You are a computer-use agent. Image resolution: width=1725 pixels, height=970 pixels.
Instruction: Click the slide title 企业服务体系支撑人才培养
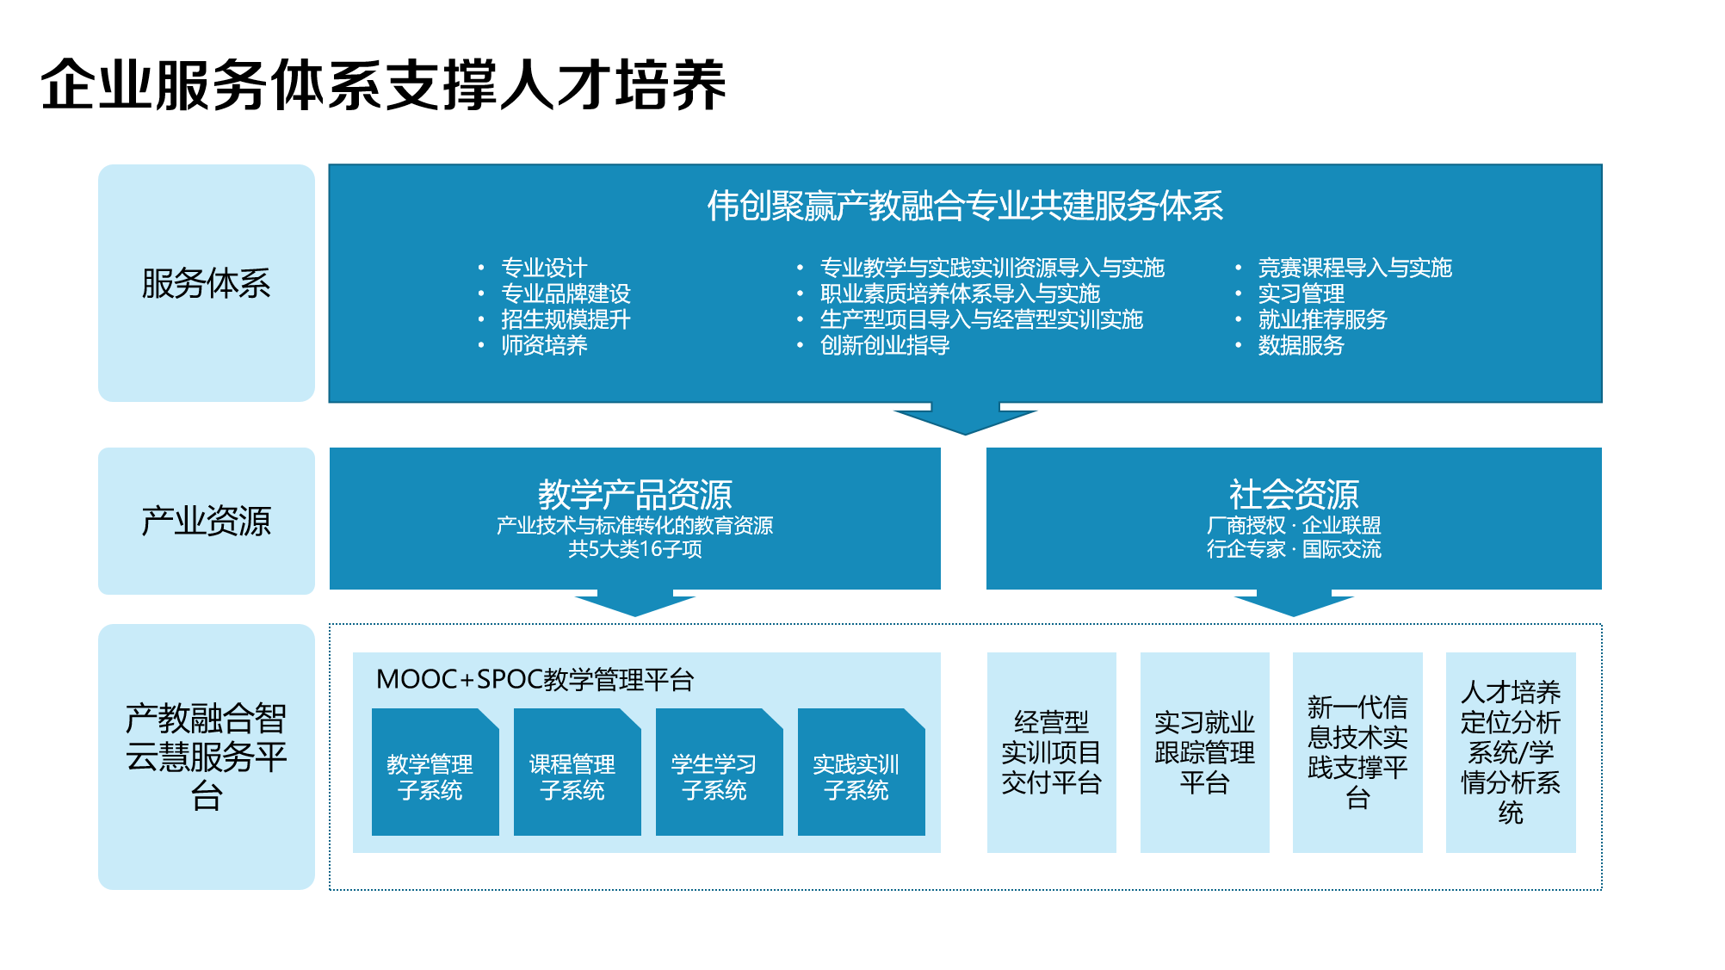(x=383, y=84)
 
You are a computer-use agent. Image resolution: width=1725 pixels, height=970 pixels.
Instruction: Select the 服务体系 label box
(x=207, y=283)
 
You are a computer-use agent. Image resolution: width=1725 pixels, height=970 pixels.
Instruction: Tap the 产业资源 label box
(x=207, y=521)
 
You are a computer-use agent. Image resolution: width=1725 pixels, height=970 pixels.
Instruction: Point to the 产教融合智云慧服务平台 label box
(x=207, y=757)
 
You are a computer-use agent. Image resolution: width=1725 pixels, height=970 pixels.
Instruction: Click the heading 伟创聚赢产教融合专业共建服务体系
(x=965, y=206)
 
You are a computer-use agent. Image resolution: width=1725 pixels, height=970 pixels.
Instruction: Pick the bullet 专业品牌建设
(x=566, y=293)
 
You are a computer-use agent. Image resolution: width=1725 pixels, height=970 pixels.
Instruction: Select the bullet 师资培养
(x=544, y=345)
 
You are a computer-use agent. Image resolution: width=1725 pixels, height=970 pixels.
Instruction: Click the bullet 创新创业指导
(x=885, y=345)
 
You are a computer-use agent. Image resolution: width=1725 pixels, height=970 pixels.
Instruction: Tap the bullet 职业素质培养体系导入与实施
(x=960, y=293)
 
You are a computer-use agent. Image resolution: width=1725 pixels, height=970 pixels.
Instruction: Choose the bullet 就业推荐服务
(x=1322, y=319)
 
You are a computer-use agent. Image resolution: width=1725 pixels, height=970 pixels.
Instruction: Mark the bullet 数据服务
(x=1301, y=345)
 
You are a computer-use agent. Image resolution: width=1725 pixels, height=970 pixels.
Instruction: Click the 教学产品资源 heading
(x=635, y=495)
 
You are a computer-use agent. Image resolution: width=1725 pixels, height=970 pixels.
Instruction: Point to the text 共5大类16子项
(x=635, y=549)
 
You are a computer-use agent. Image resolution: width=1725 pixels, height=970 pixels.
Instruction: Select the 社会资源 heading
(x=1294, y=495)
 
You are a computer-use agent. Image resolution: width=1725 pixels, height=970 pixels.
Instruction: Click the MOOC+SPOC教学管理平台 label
(x=535, y=679)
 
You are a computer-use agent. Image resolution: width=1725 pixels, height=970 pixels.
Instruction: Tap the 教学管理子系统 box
(x=436, y=772)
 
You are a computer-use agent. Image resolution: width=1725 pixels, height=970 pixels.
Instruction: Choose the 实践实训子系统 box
(x=862, y=772)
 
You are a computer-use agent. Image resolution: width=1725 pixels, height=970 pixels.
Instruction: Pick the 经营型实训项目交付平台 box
(x=1052, y=752)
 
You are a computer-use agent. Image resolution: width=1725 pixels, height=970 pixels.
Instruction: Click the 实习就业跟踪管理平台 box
(x=1205, y=752)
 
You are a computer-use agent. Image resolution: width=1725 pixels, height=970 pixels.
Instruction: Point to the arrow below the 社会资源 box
(x=1294, y=602)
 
